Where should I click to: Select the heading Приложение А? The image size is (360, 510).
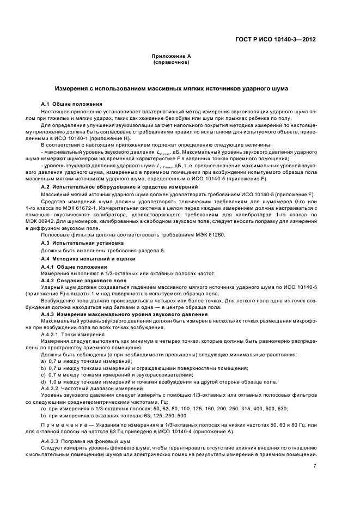(x=170, y=57)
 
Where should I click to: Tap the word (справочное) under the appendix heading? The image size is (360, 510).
(x=170, y=62)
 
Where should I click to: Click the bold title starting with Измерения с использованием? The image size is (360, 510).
(x=172, y=88)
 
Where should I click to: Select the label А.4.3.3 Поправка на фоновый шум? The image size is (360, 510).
(x=86, y=441)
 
